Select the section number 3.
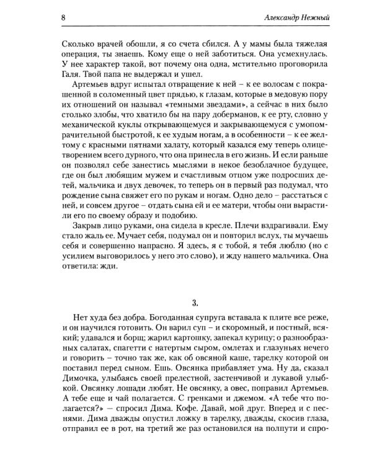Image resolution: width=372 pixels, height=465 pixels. pos(195,303)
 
